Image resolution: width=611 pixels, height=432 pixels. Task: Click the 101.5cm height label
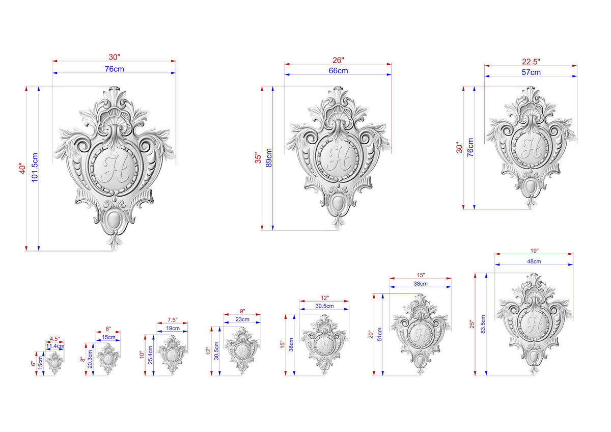[35, 167]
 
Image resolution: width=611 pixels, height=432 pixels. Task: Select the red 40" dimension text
[22, 169]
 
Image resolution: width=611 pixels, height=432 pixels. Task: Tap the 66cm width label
[338, 71]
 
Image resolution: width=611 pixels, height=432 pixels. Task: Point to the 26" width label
[338, 60]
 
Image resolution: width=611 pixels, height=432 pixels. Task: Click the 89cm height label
[269, 158]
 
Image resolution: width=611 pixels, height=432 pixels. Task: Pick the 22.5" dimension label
[531, 62]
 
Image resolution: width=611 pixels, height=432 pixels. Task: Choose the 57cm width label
[531, 72]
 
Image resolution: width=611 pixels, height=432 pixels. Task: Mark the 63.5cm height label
[483, 324]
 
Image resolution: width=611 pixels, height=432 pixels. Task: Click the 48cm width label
[534, 261]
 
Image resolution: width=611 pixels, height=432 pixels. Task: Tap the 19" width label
[534, 251]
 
